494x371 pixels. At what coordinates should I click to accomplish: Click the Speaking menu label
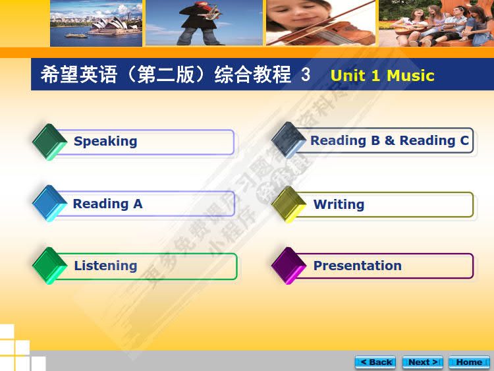[105, 141]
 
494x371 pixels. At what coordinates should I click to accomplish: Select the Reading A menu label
[107, 204]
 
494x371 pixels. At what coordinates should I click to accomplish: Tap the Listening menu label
[105, 266]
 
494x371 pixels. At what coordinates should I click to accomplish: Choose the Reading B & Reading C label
[389, 140]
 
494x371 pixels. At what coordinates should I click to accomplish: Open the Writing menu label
[339, 204]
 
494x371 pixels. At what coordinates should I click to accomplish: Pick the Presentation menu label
[357, 266]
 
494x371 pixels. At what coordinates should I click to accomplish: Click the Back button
[375, 362]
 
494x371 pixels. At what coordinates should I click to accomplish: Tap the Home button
[469, 362]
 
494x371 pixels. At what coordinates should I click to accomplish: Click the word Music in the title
[410, 75]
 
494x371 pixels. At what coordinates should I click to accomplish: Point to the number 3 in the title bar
[306, 74]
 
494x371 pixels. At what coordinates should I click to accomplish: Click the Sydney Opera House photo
[96, 23]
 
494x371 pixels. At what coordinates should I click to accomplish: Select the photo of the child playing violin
[320, 23]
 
